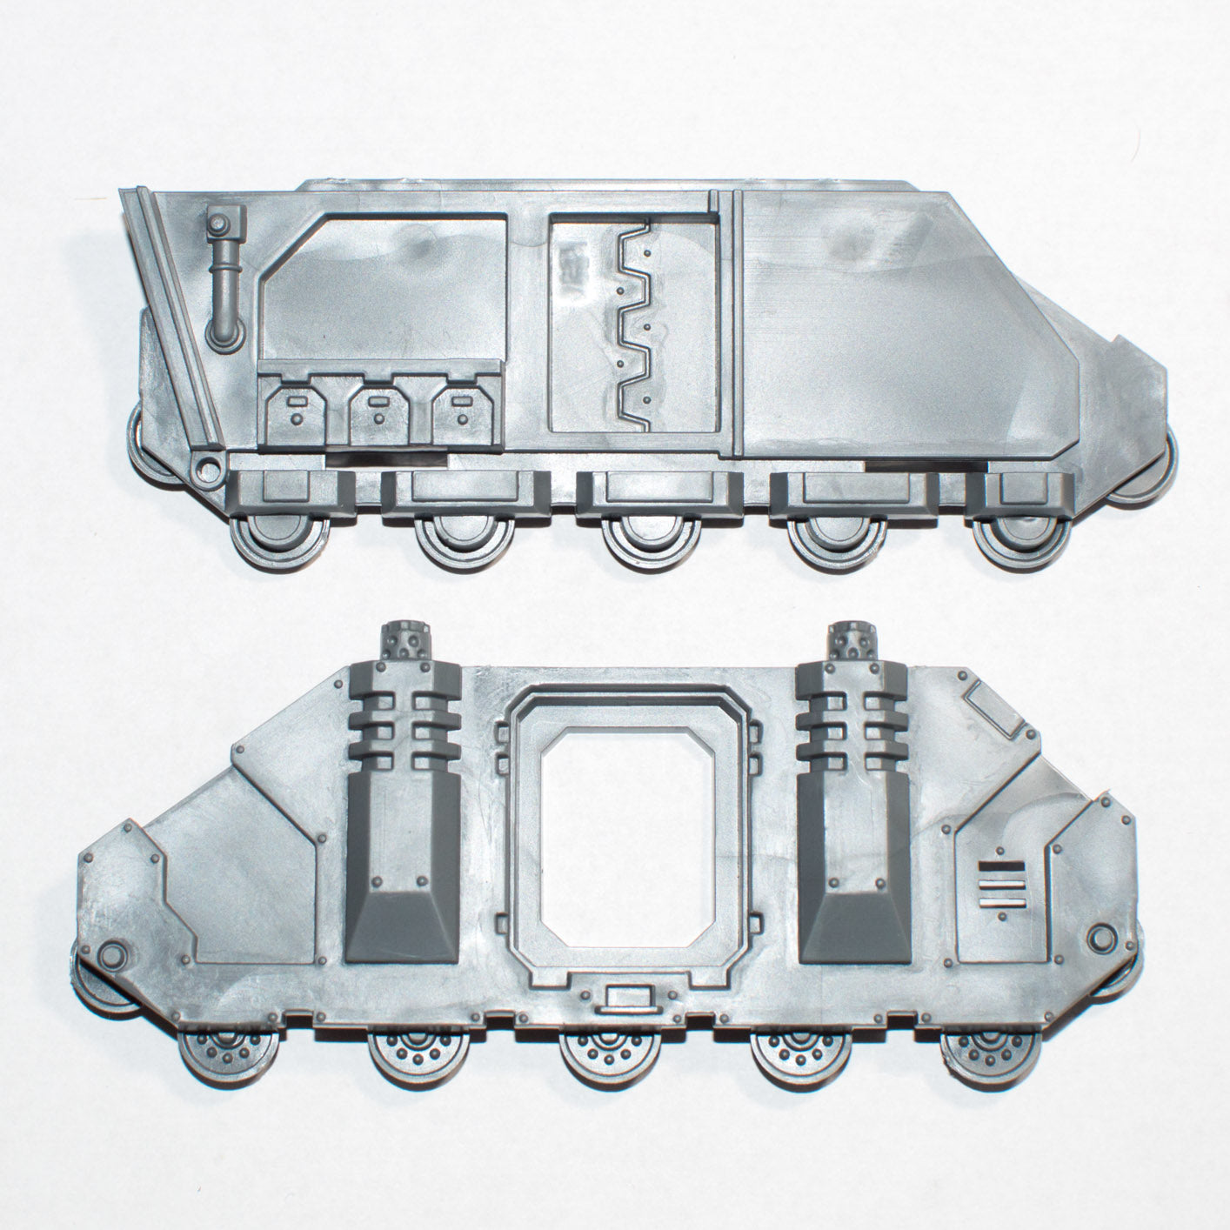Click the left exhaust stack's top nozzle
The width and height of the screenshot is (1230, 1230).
coord(403,640)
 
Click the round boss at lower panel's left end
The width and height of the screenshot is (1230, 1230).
coord(111,956)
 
